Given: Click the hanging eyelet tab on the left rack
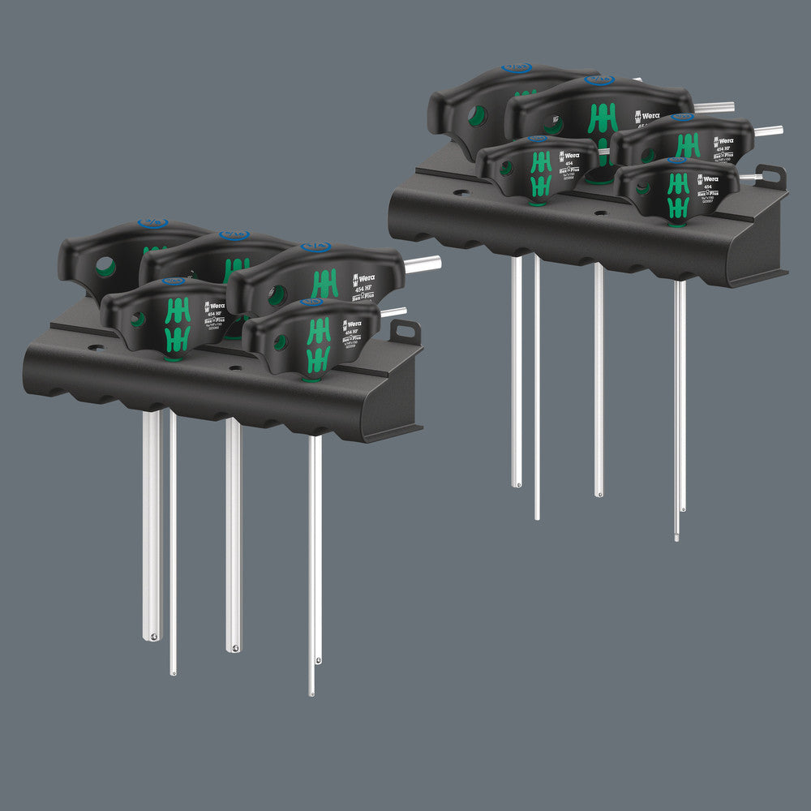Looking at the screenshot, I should (405, 332).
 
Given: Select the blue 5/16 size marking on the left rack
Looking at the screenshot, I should (234, 236).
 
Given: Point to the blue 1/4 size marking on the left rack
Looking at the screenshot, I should (315, 247).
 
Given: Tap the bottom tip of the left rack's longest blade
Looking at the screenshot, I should (311, 692).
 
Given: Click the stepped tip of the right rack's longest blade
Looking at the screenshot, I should (677, 535).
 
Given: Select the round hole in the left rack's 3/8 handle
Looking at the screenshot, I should (105, 266).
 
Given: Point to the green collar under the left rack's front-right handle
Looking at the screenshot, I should (309, 377).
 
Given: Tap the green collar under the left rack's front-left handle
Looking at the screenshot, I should (172, 354).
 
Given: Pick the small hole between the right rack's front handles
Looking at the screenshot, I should (600, 212).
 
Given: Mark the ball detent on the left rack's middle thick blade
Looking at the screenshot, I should (234, 647).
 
